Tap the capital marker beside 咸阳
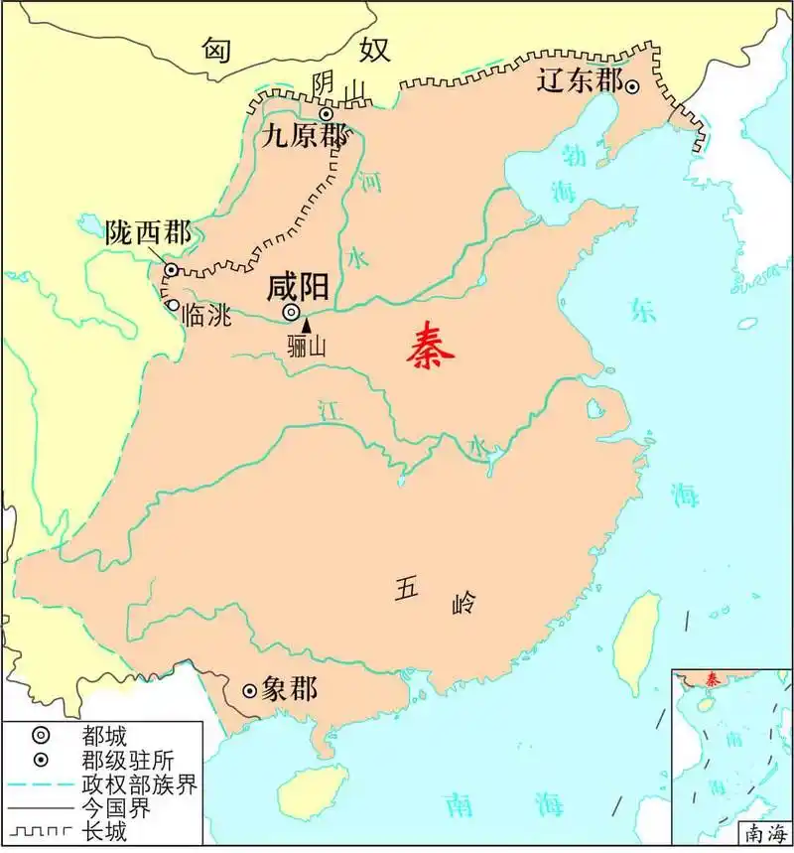click(291, 312)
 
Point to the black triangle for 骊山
click(306, 325)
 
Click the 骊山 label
click(307, 347)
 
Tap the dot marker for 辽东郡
click(631, 86)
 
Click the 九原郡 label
click(305, 137)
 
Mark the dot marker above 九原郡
click(325, 114)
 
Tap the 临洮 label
click(206, 317)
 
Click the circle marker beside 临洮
click(175, 306)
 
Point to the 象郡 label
click(290, 689)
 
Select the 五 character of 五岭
click(408, 588)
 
